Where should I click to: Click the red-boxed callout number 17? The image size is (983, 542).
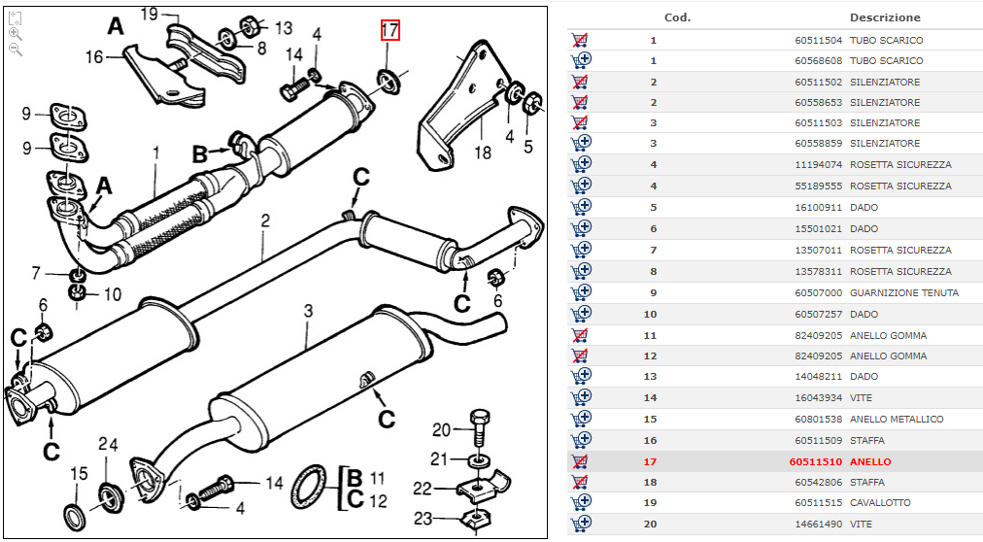point(390,30)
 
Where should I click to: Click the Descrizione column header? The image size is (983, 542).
point(884,17)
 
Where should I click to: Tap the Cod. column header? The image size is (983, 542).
point(677,17)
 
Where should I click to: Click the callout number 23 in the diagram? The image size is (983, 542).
point(423,520)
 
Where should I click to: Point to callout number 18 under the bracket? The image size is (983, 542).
point(483,152)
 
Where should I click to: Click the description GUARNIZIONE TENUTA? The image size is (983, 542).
point(903,292)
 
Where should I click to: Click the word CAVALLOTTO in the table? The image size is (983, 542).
point(880,502)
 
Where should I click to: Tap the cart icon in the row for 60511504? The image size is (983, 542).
point(580,40)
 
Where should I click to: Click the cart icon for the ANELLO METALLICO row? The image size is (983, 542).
point(580,419)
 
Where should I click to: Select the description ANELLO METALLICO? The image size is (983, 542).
point(896,419)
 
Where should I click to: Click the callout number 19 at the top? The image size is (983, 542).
point(149,13)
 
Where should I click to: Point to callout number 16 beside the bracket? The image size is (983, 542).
point(93,57)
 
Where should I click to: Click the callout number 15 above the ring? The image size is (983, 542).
point(79,474)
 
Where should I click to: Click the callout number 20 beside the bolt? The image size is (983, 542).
point(441,430)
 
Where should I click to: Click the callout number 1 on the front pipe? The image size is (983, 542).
point(154,152)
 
